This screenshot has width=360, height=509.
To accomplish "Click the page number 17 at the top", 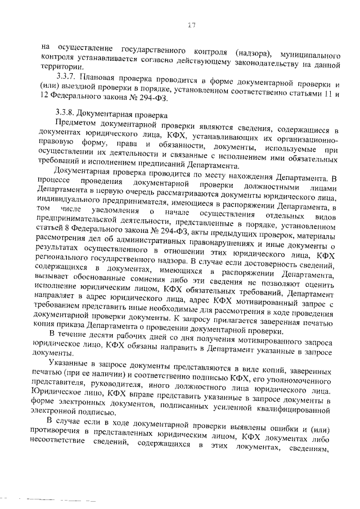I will pos(191,25).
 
